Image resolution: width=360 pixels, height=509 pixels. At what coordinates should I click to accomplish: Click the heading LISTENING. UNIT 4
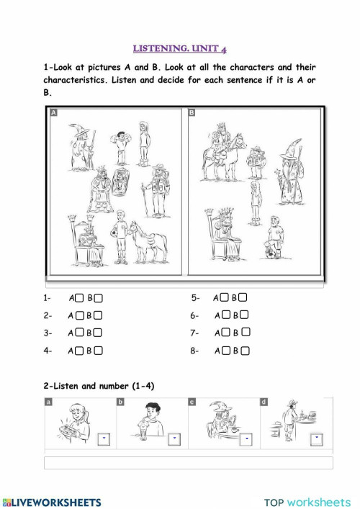coord(180,48)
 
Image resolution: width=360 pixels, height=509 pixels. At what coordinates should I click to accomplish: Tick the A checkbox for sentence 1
coord(80,297)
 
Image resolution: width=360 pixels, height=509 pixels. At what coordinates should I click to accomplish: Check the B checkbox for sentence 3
coord(98,333)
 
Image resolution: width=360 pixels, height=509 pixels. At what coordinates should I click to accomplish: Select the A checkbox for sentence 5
coord(225,297)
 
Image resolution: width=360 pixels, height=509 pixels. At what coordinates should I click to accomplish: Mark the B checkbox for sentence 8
coord(246,351)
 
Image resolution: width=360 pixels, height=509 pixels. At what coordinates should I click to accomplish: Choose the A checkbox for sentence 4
coord(80,351)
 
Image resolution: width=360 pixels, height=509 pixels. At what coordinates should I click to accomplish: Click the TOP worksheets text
coord(307,502)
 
